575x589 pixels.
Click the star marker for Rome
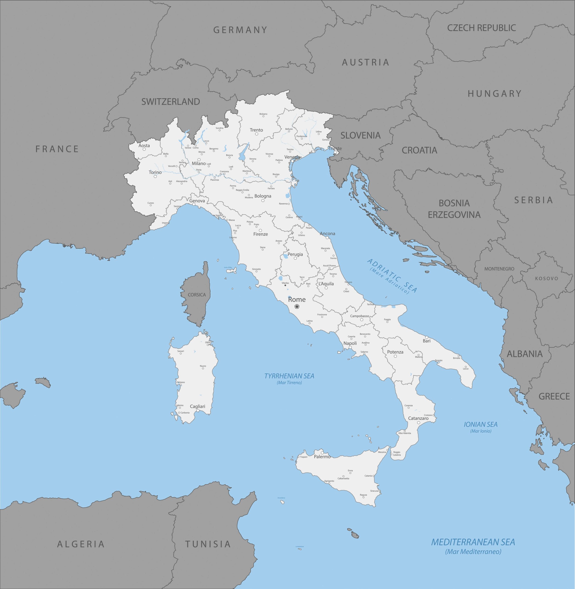297,307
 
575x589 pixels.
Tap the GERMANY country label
240,30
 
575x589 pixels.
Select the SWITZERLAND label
171,102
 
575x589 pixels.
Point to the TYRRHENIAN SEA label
289,376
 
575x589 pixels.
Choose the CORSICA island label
196,295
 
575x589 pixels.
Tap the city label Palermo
322,457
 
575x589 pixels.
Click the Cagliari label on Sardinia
197,406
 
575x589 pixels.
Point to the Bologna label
263,196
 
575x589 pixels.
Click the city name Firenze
260,234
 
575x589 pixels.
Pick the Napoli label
350,343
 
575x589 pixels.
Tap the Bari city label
426,341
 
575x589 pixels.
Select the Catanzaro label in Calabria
418,418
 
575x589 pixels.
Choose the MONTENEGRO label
499,269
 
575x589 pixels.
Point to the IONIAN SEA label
480,424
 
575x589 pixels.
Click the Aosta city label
144,146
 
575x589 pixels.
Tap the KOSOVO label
547,278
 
